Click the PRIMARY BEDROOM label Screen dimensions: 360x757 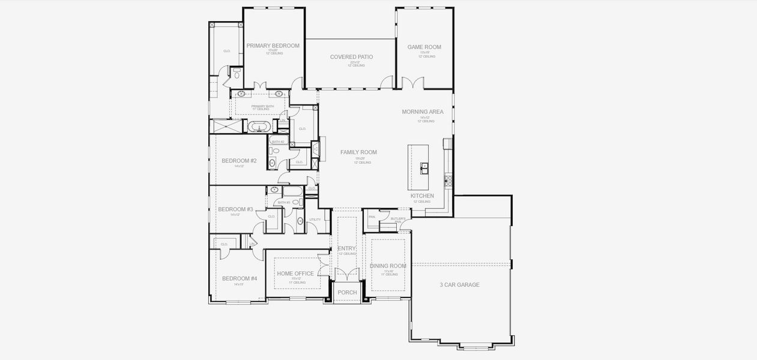[273, 46]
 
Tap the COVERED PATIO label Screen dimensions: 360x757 [351, 57]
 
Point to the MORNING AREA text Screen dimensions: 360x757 [423, 112]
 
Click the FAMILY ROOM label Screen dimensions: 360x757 [358, 152]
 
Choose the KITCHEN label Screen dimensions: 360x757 [422, 196]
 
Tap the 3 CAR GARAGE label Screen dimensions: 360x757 [459, 285]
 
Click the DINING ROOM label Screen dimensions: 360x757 [388, 266]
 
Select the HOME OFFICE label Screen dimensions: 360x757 [295, 274]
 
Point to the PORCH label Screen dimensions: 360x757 [347, 293]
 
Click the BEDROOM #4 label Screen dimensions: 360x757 [240, 278]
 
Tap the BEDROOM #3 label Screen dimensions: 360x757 [235, 209]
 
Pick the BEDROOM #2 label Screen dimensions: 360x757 [239, 161]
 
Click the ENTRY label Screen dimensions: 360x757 [347, 248]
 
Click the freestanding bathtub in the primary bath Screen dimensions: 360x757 [259, 127]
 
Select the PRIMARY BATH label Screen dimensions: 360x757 [262, 106]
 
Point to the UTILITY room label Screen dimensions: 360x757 [315, 220]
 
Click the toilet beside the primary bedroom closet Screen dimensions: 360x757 [237, 74]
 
